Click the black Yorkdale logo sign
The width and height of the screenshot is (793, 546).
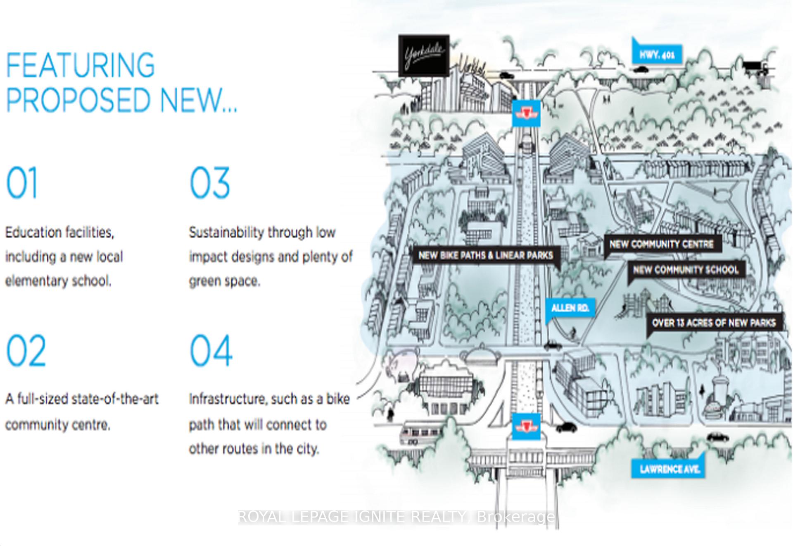424,55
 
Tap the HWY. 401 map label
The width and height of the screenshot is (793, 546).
657,54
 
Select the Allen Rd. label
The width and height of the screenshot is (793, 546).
570,308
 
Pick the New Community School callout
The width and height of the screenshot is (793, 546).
686,270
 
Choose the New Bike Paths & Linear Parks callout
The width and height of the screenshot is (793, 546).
486,255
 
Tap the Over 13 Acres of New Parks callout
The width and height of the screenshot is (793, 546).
714,323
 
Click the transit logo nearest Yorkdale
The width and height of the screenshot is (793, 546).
526,113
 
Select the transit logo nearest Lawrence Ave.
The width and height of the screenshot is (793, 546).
526,426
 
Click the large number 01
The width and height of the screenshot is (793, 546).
22,183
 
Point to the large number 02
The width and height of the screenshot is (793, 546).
26,351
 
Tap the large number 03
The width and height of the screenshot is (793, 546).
210,183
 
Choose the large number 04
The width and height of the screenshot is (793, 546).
211,351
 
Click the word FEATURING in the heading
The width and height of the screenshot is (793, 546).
80,65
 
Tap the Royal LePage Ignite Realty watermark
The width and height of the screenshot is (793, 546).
396,517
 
